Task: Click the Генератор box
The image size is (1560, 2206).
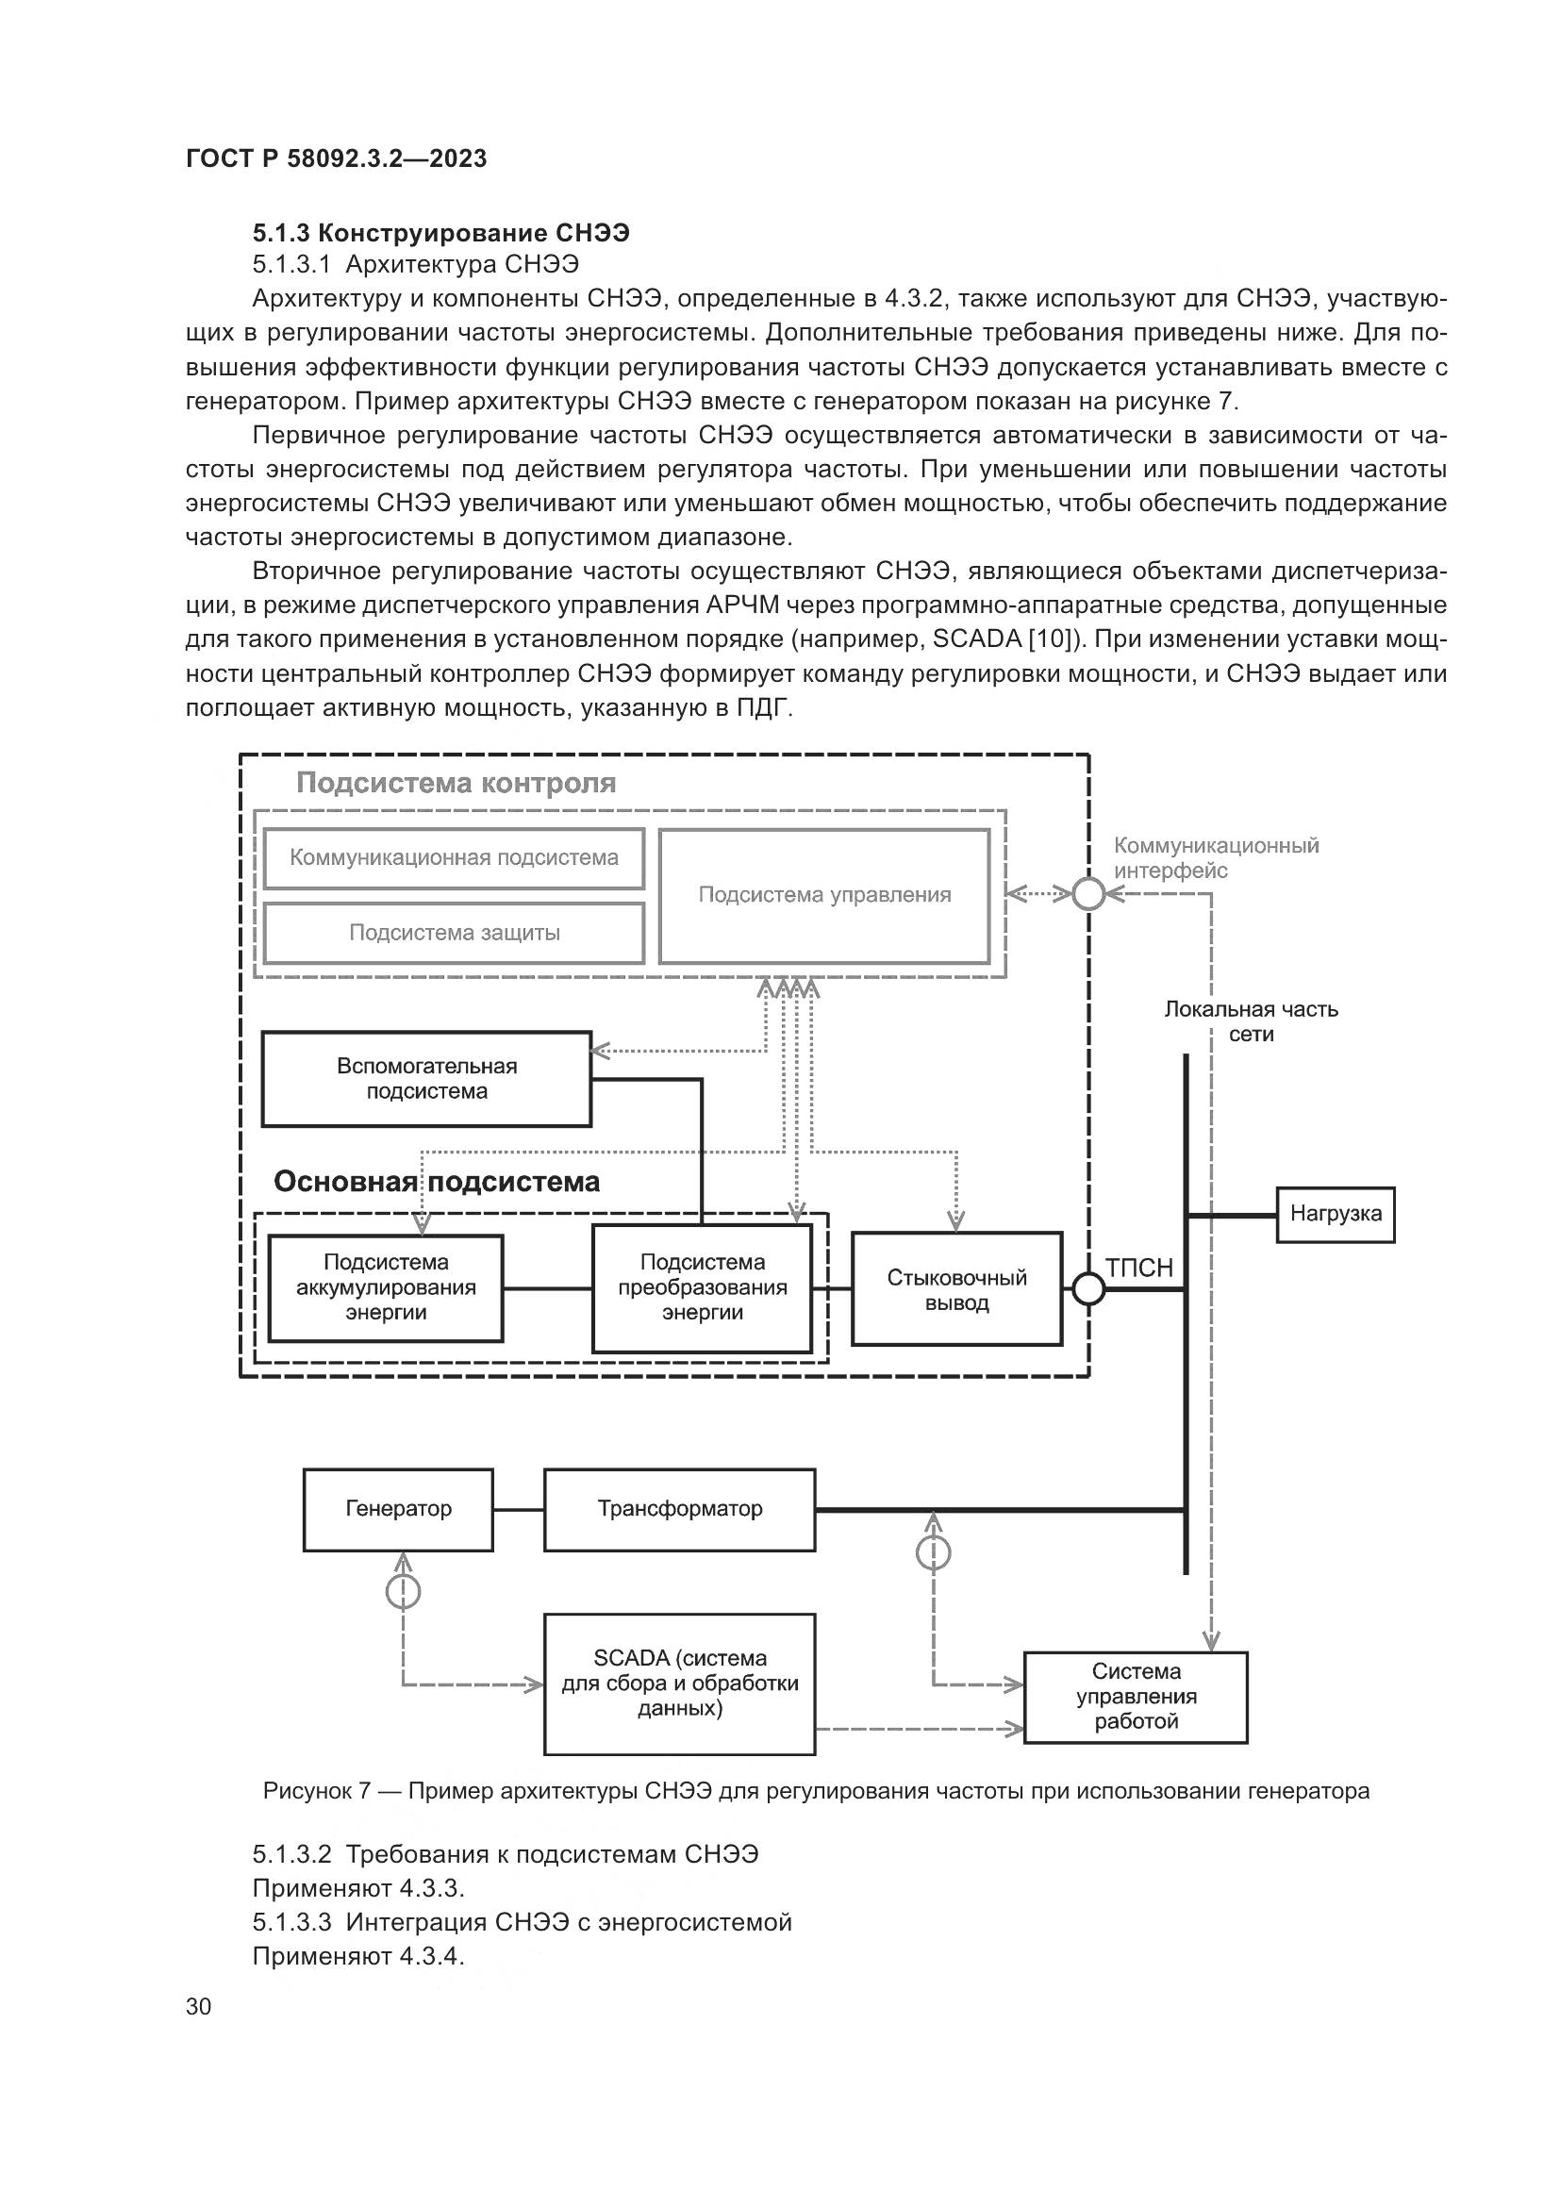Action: click(398, 1509)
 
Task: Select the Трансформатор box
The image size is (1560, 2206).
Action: click(679, 1509)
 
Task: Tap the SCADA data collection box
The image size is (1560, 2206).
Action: click(679, 1684)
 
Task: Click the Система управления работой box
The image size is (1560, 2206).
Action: click(1136, 1697)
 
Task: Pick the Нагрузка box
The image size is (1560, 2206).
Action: click(1336, 1215)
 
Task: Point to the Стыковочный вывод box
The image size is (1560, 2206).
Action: click(956, 1289)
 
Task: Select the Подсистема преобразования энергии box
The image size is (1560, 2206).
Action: click(703, 1287)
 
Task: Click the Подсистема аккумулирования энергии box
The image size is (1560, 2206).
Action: click(385, 1287)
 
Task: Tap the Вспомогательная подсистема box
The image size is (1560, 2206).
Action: click(426, 1078)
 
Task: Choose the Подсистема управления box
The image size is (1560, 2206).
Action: click(824, 895)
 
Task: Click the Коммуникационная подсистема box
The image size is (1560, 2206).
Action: click(454, 858)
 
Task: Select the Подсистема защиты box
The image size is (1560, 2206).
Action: click(454, 933)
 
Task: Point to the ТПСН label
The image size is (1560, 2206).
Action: click(1139, 1269)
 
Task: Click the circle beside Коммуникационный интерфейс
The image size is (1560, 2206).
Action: click(1088, 894)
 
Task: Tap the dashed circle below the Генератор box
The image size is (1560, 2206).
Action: click(403, 1593)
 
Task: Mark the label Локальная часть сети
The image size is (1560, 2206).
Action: click(1251, 1021)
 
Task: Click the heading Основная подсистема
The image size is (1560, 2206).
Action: click(436, 1182)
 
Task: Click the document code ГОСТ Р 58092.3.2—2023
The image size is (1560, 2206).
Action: click(336, 158)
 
